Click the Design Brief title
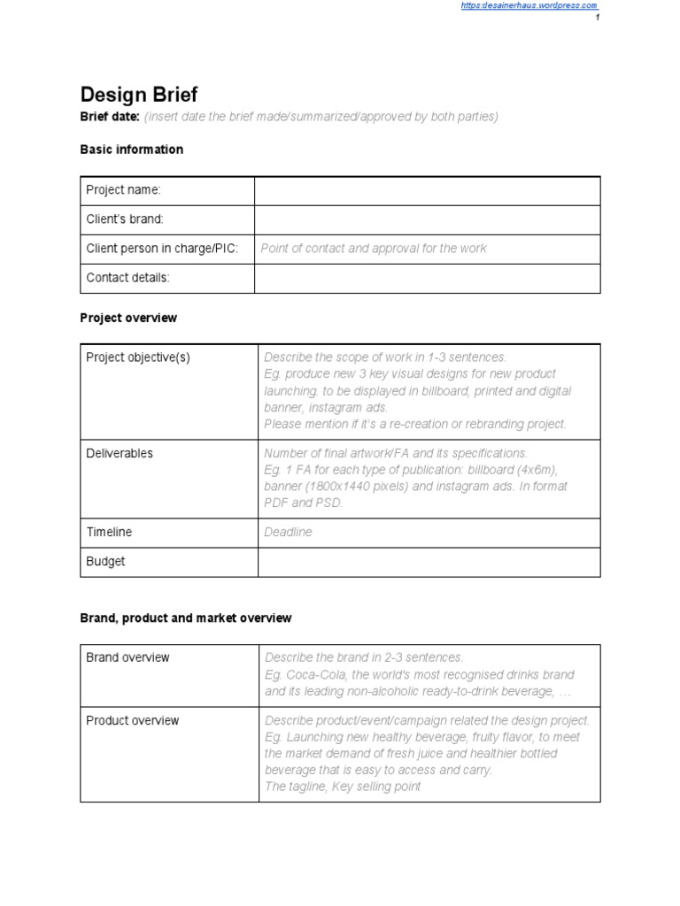[x=139, y=95]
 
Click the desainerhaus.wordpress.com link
[x=529, y=5]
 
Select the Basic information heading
[x=131, y=150]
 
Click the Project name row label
[x=123, y=190]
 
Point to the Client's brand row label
[x=125, y=219]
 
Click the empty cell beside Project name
[x=428, y=190]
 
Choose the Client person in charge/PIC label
[x=162, y=249]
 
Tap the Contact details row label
[x=127, y=278]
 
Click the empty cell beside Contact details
[x=428, y=278]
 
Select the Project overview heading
[x=128, y=318]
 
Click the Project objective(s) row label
[x=138, y=357]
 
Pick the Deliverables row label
[x=120, y=453]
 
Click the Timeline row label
[x=109, y=532]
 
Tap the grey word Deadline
[x=288, y=532]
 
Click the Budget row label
[x=105, y=561]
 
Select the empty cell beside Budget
[x=428, y=561]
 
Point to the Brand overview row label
[x=127, y=657]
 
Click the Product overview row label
[x=132, y=720]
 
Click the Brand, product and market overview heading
[x=185, y=618]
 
